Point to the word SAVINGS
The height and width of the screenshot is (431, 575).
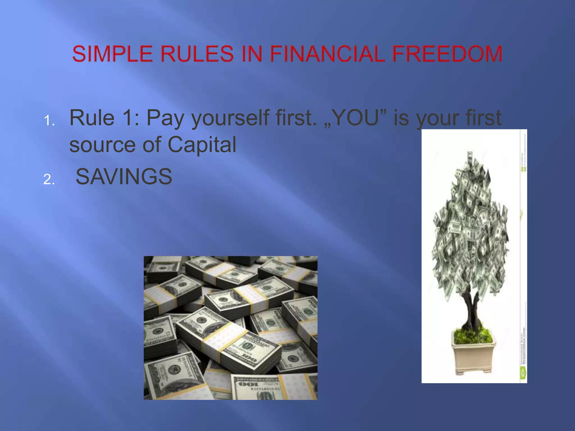coord(124,177)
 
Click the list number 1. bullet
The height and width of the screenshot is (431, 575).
coord(49,121)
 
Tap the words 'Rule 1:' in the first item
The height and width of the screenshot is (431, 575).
coord(104,118)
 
